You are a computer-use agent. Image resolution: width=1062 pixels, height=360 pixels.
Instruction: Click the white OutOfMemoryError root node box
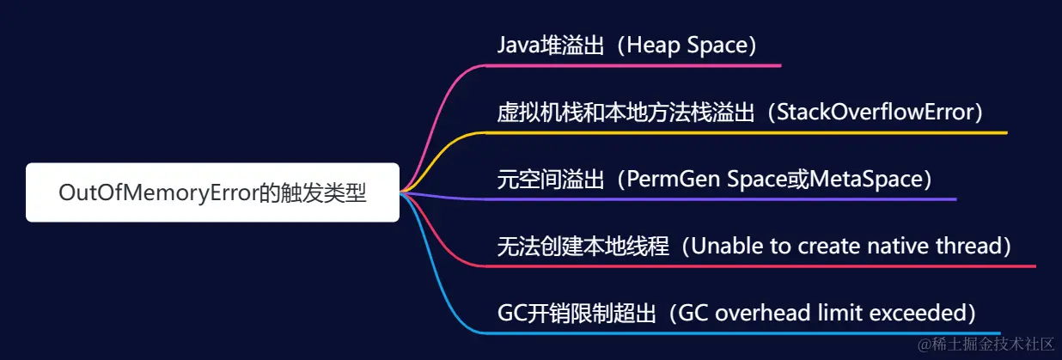[212, 192]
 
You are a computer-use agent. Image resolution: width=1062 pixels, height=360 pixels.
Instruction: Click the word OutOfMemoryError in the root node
[159, 193]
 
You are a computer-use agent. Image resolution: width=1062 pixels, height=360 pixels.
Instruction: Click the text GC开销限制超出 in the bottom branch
[577, 314]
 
